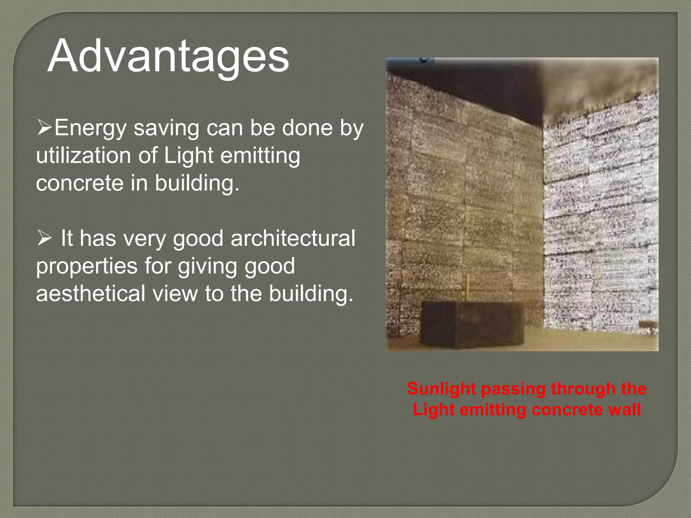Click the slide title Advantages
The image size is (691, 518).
pyautogui.click(x=168, y=56)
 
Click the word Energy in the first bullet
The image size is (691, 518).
pyautogui.click(x=90, y=129)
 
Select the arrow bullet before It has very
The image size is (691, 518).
pyautogui.click(x=44, y=238)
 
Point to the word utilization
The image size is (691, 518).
pyautogui.click(x=83, y=156)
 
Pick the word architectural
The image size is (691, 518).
pyautogui.click(x=293, y=238)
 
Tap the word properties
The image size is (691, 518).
pyautogui.click(x=87, y=266)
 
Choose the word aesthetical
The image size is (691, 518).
pyautogui.click(x=90, y=293)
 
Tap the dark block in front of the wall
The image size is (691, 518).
pyautogui.click(x=472, y=324)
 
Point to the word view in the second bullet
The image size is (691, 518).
pyautogui.click(x=175, y=293)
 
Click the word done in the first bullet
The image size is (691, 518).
pyautogui.click(x=307, y=128)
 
